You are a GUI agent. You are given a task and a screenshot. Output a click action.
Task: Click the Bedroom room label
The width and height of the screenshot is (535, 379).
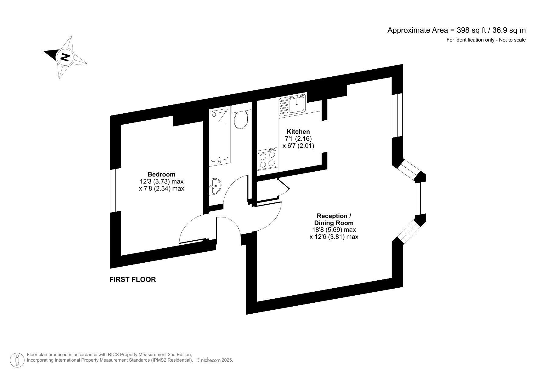[161, 174]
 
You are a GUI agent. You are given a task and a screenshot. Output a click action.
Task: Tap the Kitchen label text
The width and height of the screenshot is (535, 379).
[298, 132]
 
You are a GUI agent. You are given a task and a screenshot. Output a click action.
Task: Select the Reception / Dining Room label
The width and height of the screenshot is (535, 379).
[334, 219]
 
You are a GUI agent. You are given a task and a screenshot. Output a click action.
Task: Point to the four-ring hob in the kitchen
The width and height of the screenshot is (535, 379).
[267, 159]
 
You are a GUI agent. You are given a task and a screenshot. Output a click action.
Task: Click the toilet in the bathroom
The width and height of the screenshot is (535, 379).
[241, 119]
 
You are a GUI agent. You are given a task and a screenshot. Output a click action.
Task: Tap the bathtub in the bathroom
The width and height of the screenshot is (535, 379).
[219, 137]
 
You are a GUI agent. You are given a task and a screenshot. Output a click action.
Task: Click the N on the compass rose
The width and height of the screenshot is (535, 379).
[65, 57]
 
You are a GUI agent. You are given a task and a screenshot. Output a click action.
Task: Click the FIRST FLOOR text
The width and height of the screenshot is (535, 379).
[133, 279]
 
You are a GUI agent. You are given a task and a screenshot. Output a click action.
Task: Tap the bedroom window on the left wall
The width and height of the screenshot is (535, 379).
[116, 191]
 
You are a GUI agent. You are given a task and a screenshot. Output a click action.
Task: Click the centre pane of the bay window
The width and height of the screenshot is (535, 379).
[420, 199]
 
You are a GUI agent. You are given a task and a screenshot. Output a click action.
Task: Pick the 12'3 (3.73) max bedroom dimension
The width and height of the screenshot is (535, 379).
[161, 181]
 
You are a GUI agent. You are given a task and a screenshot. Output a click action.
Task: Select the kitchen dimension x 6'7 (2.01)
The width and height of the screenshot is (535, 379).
[298, 146]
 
